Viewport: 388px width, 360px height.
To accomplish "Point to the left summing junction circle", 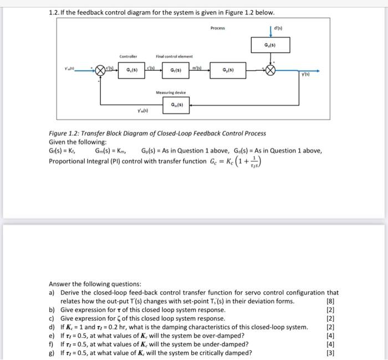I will (101, 70).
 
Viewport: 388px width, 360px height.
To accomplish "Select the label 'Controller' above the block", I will (129, 56).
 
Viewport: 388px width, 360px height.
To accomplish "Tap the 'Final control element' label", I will (175, 56).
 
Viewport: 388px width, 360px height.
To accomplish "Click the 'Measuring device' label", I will (171, 92).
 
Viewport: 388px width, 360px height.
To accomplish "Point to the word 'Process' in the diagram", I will (218, 27).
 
